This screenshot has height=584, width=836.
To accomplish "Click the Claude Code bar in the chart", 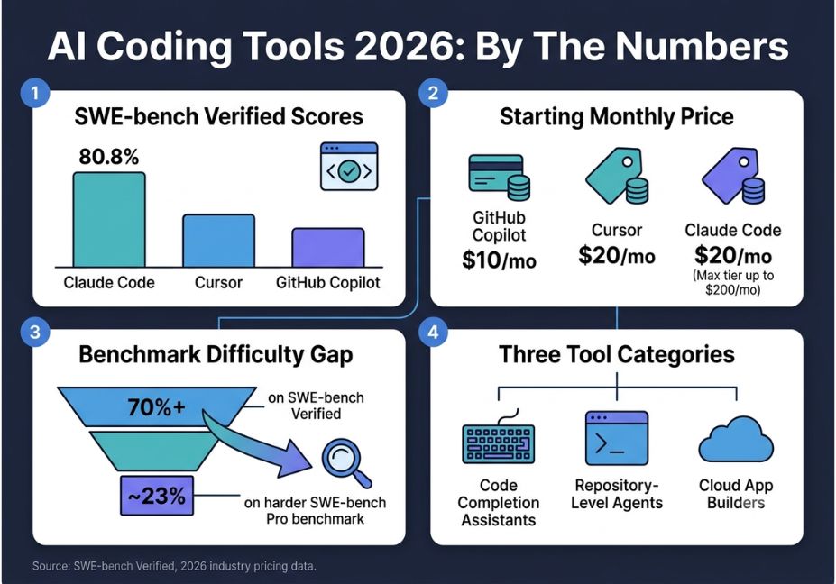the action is [x=109, y=219].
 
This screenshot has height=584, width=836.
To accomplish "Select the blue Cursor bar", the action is [x=218, y=241].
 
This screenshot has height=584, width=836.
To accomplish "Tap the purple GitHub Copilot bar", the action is [x=328, y=247].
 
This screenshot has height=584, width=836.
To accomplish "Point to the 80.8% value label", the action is [x=109, y=157].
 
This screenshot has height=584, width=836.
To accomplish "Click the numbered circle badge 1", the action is [x=35, y=93].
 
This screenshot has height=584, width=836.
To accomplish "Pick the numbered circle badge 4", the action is [x=433, y=332].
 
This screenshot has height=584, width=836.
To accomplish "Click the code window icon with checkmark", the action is [x=349, y=166].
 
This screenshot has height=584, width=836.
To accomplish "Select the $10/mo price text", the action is [x=499, y=260].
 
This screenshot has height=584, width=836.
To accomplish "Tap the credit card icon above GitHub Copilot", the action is [x=500, y=177].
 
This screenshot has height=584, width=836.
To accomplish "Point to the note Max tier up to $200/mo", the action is [x=733, y=282].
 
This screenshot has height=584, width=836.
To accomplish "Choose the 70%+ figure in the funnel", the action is [x=156, y=407].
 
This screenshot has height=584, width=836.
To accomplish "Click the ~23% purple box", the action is [x=157, y=496].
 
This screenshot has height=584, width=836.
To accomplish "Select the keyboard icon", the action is [x=499, y=440].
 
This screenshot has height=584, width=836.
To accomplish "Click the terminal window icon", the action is [x=617, y=437].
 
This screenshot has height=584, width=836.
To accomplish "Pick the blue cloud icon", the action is [x=736, y=440].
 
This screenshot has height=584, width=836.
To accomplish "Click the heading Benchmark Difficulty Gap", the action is [x=216, y=354].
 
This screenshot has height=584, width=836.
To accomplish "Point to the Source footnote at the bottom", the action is [x=174, y=566].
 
